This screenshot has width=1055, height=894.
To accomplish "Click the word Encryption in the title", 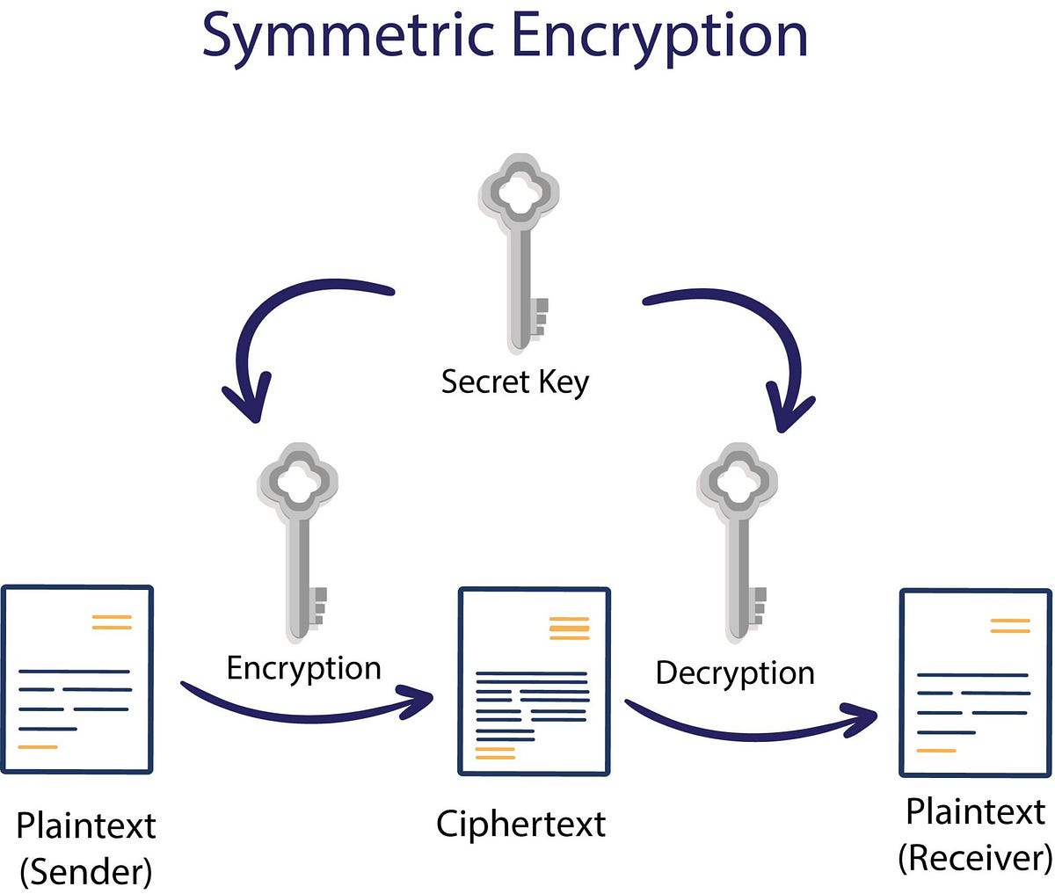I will click(x=659, y=37).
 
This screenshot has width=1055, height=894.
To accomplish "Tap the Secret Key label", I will click(x=514, y=382).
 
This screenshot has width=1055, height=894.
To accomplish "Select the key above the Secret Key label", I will click(x=520, y=255).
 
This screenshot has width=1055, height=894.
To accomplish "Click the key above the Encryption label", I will click(x=298, y=541).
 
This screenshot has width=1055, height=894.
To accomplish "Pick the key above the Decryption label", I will click(x=738, y=541).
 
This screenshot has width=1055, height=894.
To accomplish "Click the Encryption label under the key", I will click(x=303, y=668).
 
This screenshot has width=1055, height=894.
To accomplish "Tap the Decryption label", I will click(x=735, y=672).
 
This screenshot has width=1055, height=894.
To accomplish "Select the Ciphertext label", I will click(x=520, y=824).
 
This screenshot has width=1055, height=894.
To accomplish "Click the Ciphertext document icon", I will click(x=534, y=681).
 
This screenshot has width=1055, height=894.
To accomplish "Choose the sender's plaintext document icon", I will click(x=76, y=680).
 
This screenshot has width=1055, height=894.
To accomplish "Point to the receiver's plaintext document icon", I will click(x=975, y=683).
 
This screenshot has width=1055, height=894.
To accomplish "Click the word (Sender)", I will click(x=85, y=872).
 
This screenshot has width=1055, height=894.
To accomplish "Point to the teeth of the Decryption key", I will click(x=758, y=607).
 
